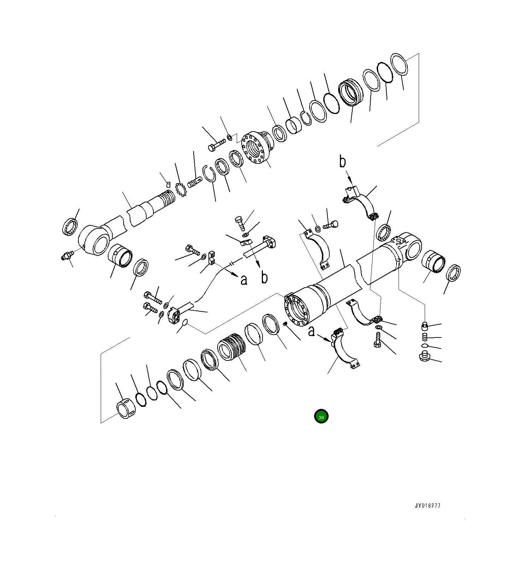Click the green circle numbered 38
(x=321, y=417)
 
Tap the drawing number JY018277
(x=428, y=505)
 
